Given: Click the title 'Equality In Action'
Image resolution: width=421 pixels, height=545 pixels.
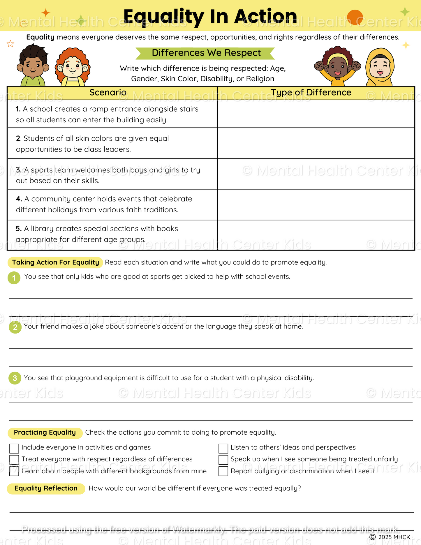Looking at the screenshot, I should click(210, 16).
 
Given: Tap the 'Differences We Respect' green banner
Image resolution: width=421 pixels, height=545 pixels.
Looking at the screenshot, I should click(206, 53).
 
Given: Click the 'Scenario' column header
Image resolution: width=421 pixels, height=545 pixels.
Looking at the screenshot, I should click(108, 93).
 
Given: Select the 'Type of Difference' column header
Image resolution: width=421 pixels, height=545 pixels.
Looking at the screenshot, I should click(311, 93).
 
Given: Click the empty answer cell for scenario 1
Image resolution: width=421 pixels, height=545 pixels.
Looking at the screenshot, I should click(316, 114).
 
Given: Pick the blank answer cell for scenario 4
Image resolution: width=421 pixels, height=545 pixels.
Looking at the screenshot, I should click(316, 204).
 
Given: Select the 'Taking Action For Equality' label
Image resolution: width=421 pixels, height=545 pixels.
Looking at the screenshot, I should click(55, 262).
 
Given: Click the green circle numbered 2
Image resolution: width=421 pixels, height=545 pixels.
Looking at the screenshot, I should click(15, 327).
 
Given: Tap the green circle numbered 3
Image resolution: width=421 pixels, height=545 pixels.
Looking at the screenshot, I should click(15, 378).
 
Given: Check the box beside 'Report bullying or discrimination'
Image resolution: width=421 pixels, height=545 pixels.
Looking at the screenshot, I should click(223, 471).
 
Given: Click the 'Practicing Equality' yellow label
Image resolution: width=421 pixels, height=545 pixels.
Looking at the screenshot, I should click(45, 433).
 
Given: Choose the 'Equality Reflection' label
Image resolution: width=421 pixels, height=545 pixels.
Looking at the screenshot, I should click(46, 488).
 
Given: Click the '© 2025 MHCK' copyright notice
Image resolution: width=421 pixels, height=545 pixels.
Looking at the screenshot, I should click(390, 537).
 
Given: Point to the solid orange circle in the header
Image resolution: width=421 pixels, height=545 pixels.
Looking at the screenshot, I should click(355, 17).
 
